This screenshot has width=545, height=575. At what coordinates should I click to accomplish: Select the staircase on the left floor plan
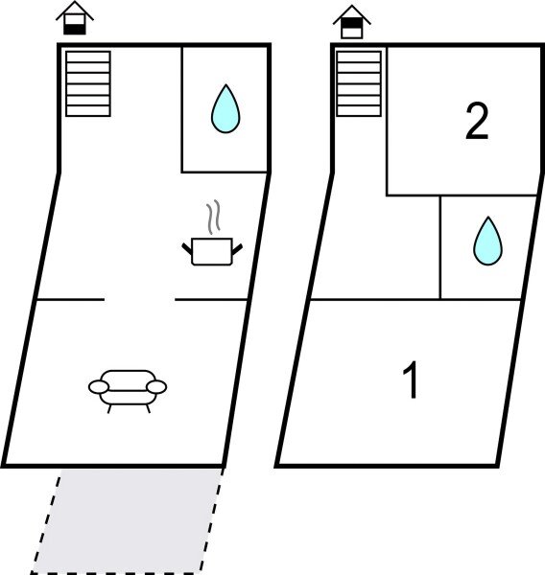(87, 83)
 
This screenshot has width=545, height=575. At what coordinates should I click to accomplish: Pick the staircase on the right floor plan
(359, 83)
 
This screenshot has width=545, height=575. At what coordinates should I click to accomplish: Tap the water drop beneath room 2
(487, 241)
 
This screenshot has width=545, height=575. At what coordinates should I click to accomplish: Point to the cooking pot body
(211, 252)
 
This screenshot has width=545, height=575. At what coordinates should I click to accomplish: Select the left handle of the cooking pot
(188, 249)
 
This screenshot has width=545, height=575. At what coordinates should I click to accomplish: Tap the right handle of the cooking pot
(235, 249)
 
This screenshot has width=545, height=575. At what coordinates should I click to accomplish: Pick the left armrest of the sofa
(99, 387)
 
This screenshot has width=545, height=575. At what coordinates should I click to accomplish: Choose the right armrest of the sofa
(156, 387)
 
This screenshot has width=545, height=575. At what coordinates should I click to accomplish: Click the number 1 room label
(411, 381)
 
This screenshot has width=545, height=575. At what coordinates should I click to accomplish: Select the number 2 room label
(477, 123)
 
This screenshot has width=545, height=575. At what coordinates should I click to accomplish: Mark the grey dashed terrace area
(125, 522)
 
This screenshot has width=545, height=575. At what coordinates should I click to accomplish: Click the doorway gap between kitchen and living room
(139, 300)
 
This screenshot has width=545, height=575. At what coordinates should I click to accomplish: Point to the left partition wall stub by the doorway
(69, 300)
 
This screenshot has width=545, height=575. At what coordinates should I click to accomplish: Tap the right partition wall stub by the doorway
(211, 300)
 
